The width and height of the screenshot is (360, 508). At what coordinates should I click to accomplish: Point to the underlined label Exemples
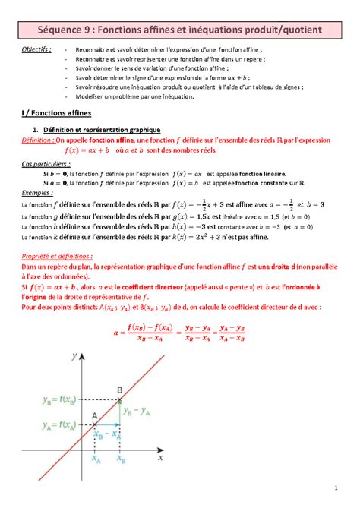[36, 193]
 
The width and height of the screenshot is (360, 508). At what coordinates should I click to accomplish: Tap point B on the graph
[119, 389]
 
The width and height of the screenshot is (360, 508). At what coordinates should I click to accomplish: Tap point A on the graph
[95, 415]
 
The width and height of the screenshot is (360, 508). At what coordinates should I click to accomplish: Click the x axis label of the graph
[160, 458]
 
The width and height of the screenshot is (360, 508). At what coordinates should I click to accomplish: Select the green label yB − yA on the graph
[137, 411]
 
